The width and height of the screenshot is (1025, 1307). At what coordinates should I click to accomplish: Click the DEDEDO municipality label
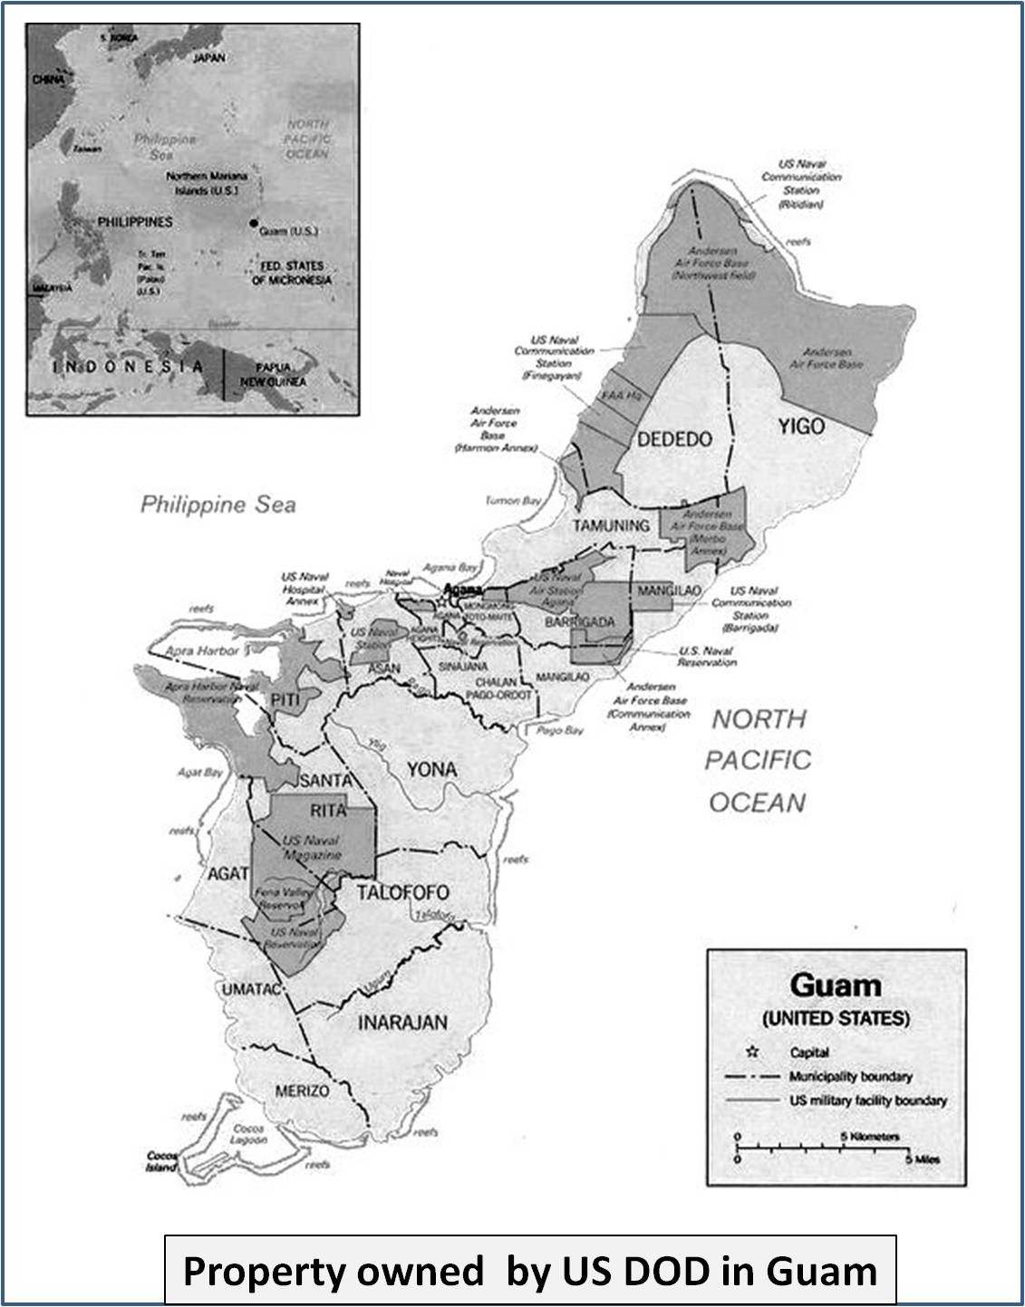click(x=674, y=439)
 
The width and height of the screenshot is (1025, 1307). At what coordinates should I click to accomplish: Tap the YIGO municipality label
click(x=800, y=425)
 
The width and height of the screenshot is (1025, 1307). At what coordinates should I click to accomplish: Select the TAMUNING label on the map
click(x=610, y=525)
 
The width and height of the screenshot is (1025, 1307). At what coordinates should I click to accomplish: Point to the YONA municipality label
click(x=431, y=770)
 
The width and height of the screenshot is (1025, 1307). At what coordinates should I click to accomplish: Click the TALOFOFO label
click(x=402, y=892)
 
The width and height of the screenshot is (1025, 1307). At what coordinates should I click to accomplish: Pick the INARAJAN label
click(x=402, y=1023)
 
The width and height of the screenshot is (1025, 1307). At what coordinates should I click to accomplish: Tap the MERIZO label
click(x=303, y=1091)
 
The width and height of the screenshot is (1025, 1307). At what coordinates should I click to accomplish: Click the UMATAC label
click(x=253, y=990)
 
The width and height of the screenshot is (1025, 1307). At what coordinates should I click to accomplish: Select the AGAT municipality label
click(x=227, y=874)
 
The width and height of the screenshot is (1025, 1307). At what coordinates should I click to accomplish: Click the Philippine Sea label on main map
click(x=218, y=505)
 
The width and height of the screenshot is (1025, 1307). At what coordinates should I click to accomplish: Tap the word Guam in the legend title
click(x=835, y=985)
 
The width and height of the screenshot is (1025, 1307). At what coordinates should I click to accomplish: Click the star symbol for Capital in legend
click(x=751, y=1052)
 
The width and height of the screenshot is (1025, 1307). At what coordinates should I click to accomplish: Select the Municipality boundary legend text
click(x=850, y=1077)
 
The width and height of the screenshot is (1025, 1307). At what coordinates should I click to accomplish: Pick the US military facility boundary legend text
click(x=867, y=1100)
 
